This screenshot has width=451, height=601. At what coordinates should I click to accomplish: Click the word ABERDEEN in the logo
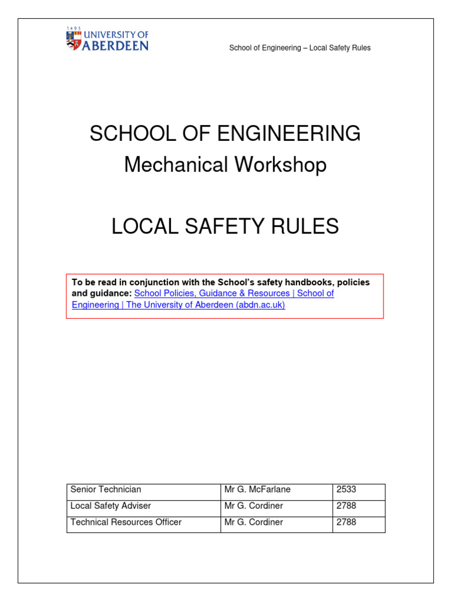coord(115,45)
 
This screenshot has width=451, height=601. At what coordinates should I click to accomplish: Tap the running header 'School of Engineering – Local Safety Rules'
coord(299,48)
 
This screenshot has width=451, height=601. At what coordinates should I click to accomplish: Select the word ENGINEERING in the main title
coord(294,134)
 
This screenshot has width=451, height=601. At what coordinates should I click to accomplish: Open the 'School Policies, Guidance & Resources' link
coord(212,293)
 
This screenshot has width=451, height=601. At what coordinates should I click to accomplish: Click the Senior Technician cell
coord(106,489)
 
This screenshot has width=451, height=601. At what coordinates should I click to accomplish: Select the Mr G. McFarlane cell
coord(257,489)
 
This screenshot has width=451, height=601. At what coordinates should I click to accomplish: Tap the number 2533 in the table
coord(346,489)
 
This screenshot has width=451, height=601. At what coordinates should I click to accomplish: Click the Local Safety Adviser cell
coord(110,506)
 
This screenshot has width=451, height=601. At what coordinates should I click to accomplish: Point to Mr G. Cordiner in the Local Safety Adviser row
coord(253,506)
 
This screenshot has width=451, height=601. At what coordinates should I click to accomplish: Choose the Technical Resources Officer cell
coord(126,522)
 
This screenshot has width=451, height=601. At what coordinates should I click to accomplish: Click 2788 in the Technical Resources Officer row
coord(346,522)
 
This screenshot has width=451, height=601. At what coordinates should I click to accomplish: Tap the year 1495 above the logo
coord(73,28)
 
